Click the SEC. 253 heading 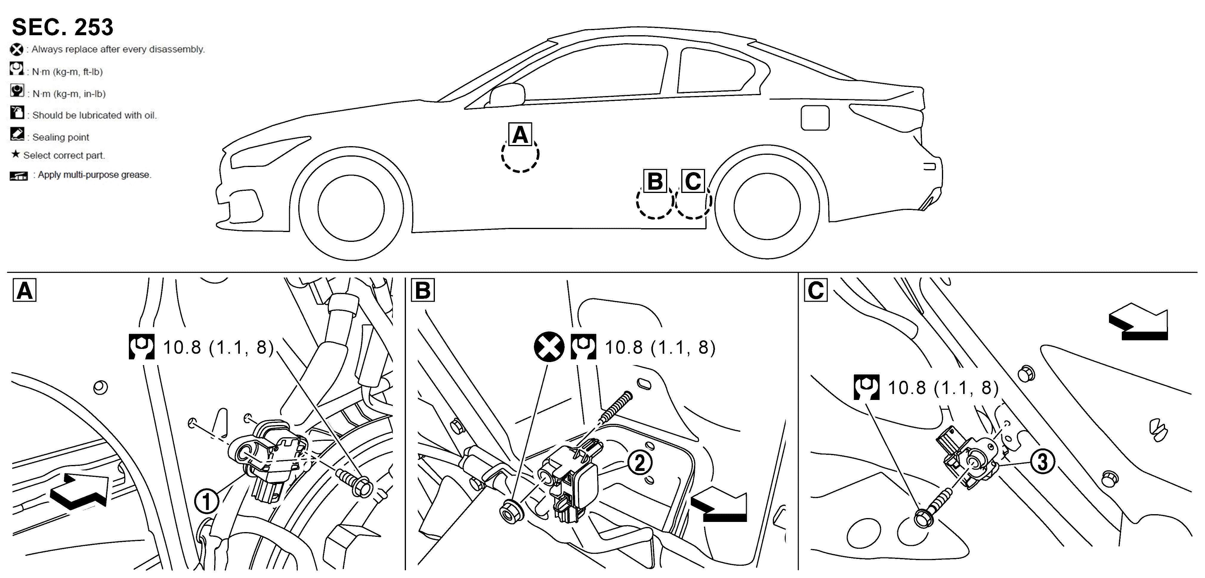[62, 27]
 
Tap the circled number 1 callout [207, 502]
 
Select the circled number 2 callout [640, 463]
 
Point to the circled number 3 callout [1043, 462]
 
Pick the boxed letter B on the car [655, 181]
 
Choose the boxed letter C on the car [693, 181]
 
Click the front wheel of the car [351, 207]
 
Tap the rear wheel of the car [767, 206]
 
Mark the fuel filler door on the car [815, 118]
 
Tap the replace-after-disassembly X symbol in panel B [549, 347]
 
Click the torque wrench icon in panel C [866, 387]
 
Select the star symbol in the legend [16, 154]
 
